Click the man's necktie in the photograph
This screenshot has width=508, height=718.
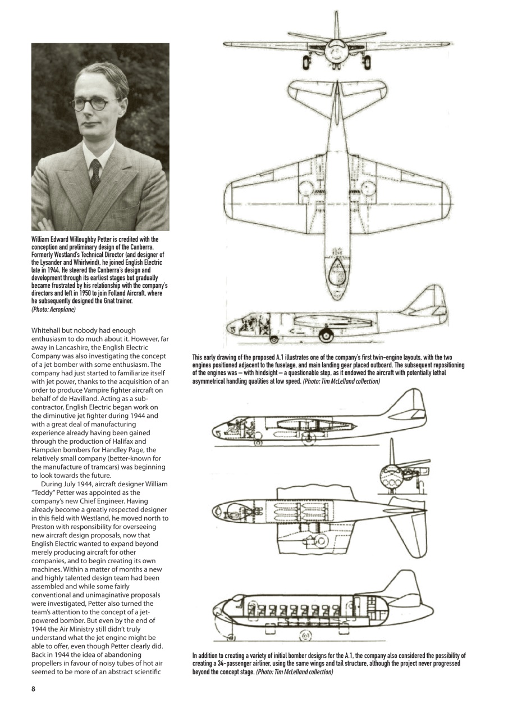pos(95,174)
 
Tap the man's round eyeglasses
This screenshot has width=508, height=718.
pos(93,104)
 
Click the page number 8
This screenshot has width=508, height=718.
pos(33,689)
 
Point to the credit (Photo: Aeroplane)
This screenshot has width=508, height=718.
pos(53,309)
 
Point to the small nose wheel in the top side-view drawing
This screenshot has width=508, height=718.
pos(274,339)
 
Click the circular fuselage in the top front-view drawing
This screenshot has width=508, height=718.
pos(336,54)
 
